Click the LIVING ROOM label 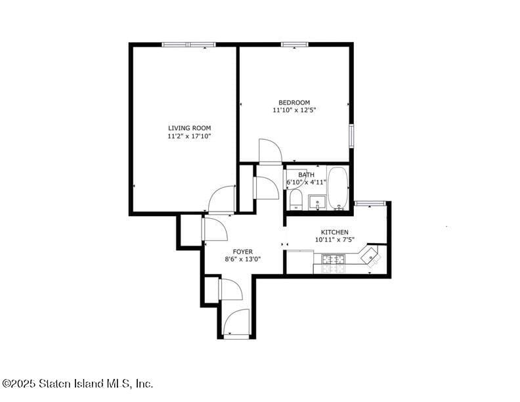coord(189,127)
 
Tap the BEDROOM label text coord(294,102)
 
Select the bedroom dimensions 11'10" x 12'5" coord(294,111)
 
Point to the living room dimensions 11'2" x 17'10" coord(189,136)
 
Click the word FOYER coord(243,252)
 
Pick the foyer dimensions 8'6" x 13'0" coord(243,259)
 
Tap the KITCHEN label coord(334,232)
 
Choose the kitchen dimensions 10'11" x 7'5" coord(334,240)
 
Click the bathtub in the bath coord(338,188)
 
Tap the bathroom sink coord(318,202)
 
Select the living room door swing coord(222,199)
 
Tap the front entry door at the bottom coord(236,323)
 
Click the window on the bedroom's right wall coord(351,135)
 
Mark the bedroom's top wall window coord(295,45)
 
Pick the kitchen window coord(370,204)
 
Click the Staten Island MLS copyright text coord(77,384)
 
